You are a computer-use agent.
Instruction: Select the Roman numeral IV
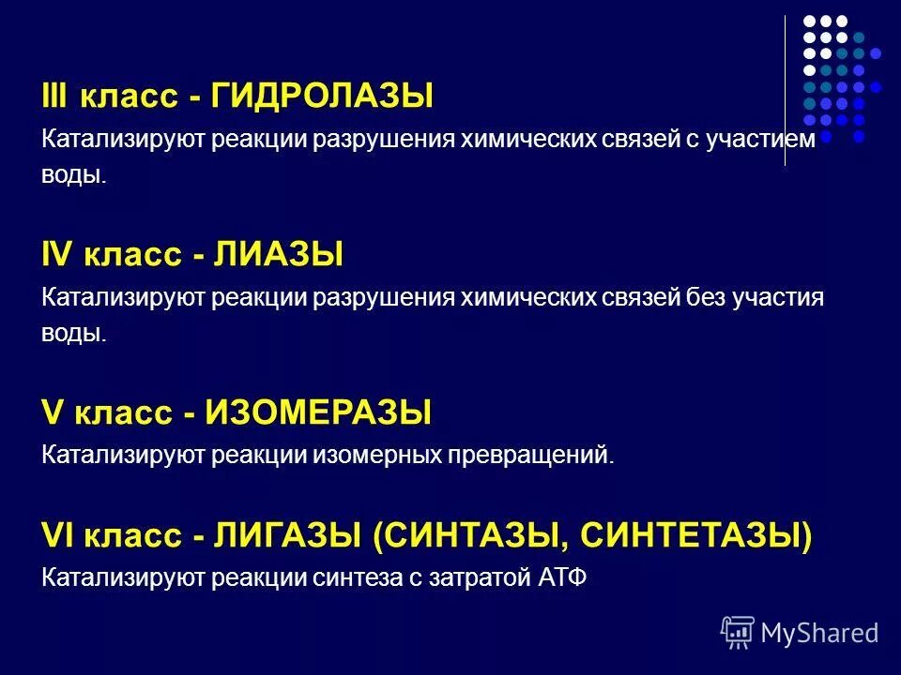[x=57, y=254]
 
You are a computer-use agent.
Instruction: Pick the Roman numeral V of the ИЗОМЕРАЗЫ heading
[x=51, y=412]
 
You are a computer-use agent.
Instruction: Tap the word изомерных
[x=380, y=457]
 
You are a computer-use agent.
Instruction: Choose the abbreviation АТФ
[x=560, y=577]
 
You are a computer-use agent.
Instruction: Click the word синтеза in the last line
[x=358, y=577]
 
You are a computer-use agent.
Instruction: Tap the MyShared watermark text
[x=819, y=634]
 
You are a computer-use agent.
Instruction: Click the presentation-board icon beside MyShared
[x=738, y=633]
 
